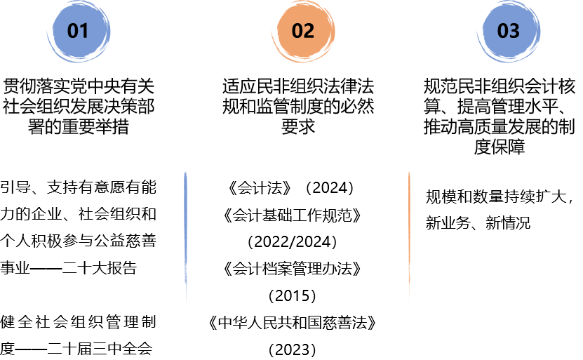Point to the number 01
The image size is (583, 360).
coord(79,31)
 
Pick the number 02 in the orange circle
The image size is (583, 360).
coord(303,31)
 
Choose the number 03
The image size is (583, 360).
coord(509,31)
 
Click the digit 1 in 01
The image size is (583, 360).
coord(84,31)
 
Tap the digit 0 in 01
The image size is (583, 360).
coord(73,31)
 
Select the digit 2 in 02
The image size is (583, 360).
coord(309,31)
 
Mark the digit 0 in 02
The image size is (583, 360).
coord(297,31)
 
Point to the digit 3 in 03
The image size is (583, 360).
coord(515,31)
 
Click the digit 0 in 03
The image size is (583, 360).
coord(503,31)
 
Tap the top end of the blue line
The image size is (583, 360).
coord(185,172)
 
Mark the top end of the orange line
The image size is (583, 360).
coord(409,173)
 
